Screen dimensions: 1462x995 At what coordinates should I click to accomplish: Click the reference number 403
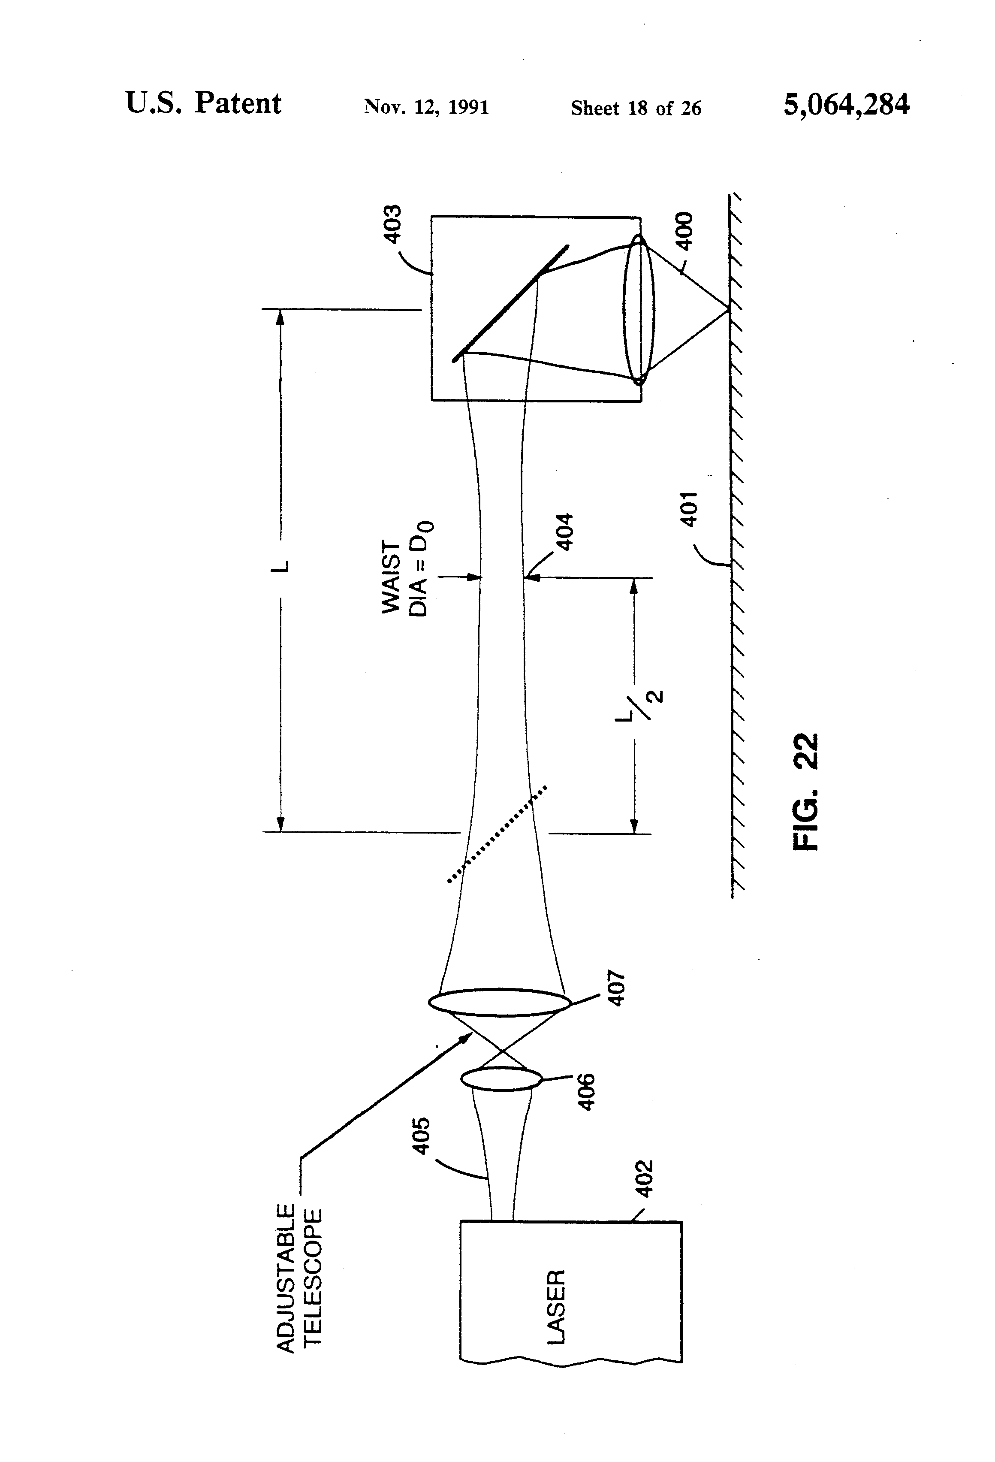(392, 224)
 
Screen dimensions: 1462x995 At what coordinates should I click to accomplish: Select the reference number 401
(689, 509)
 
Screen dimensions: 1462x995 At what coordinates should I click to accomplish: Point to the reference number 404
(565, 532)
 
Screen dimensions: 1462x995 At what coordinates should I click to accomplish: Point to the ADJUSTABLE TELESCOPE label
(299, 1277)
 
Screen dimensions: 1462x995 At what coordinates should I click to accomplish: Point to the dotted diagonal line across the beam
(497, 834)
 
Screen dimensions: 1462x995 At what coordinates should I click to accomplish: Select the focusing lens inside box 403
(638, 309)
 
